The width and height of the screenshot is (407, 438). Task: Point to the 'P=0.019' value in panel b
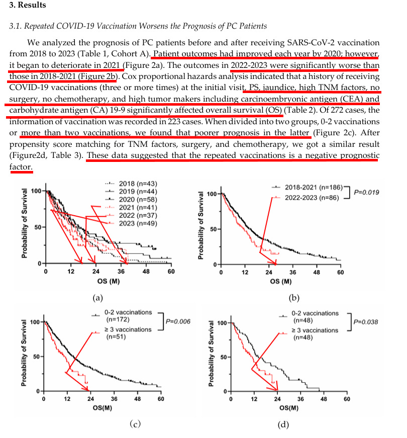coord(367,192)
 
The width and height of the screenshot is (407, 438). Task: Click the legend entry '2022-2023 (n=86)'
coord(312,198)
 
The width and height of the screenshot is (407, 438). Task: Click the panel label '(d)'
coord(284,424)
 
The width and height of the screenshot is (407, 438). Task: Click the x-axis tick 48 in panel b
coord(317,273)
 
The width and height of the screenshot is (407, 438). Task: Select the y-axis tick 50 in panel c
coord(36,357)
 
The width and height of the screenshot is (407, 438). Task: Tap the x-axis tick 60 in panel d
coord(347,399)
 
